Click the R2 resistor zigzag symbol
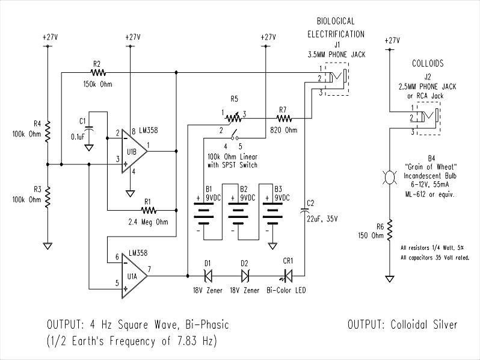coord(98,73)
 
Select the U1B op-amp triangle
coord(134,151)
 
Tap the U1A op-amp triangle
coord(134,276)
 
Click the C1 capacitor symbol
coord(89,129)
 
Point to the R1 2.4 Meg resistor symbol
coord(149,211)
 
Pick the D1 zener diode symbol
coord(208,276)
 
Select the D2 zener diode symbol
coord(245,276)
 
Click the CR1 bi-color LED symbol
coord(287,276)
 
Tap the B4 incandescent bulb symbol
coord(389,178)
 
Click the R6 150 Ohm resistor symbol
coord(389,230)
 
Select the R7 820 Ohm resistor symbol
coord(284,118)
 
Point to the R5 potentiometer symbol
coord(233,118)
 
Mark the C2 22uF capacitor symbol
coord(304,211)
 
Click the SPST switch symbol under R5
coord(235,135)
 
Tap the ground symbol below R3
coord(48,246)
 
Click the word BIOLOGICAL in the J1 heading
coord(336,21)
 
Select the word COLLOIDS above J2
coord(428,63)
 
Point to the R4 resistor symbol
coord(48,131)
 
